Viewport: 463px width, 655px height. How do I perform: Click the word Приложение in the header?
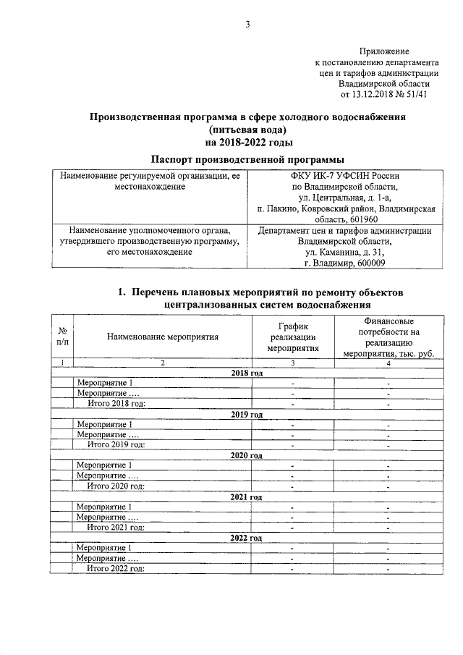click(x=384, y=51)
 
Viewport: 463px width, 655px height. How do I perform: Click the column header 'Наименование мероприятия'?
click(x=162, y=336)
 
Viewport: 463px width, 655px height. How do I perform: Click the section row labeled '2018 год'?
click(x=246, y=373)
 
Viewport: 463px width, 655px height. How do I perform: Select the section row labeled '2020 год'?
click(x=246, y=457)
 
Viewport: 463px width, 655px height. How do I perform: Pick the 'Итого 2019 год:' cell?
click(x=116, y=445)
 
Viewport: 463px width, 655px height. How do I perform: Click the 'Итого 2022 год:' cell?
click(x=116, y=570)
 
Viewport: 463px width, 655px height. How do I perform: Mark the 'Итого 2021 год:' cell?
click(x=116, y=528)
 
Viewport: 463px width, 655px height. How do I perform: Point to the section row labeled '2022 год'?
click(x=246, y=539)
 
